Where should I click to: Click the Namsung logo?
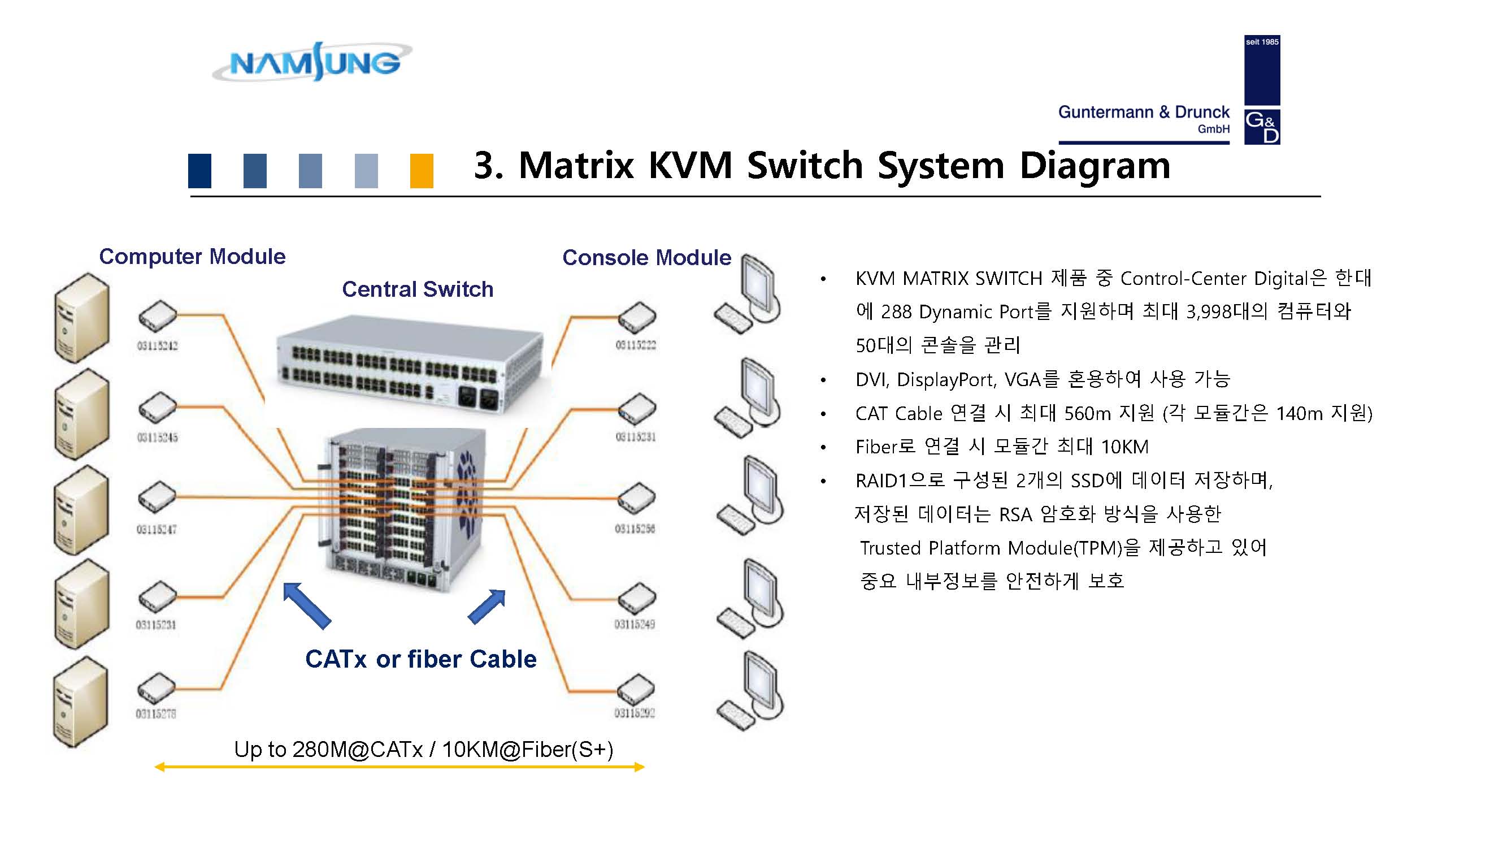coord(312,62)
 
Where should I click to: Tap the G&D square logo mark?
coord(1261,127)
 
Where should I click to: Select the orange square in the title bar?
coord(421,170)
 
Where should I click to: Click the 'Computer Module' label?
coord(192,256)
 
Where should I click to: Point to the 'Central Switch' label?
coord(417,289)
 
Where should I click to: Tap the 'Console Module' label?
coord(646,258)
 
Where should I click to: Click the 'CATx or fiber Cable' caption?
coord(420,659)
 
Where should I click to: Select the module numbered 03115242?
coord(158,316)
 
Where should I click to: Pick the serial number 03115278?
coord(155,713)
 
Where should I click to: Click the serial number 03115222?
coord(635,345)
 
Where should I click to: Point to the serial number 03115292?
coord(634,713)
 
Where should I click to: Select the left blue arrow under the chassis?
coord(306,605)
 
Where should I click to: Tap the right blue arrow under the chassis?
coord(487,607)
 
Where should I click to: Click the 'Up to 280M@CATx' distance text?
coord(424,749)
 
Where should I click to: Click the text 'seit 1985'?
coord(1261,42)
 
